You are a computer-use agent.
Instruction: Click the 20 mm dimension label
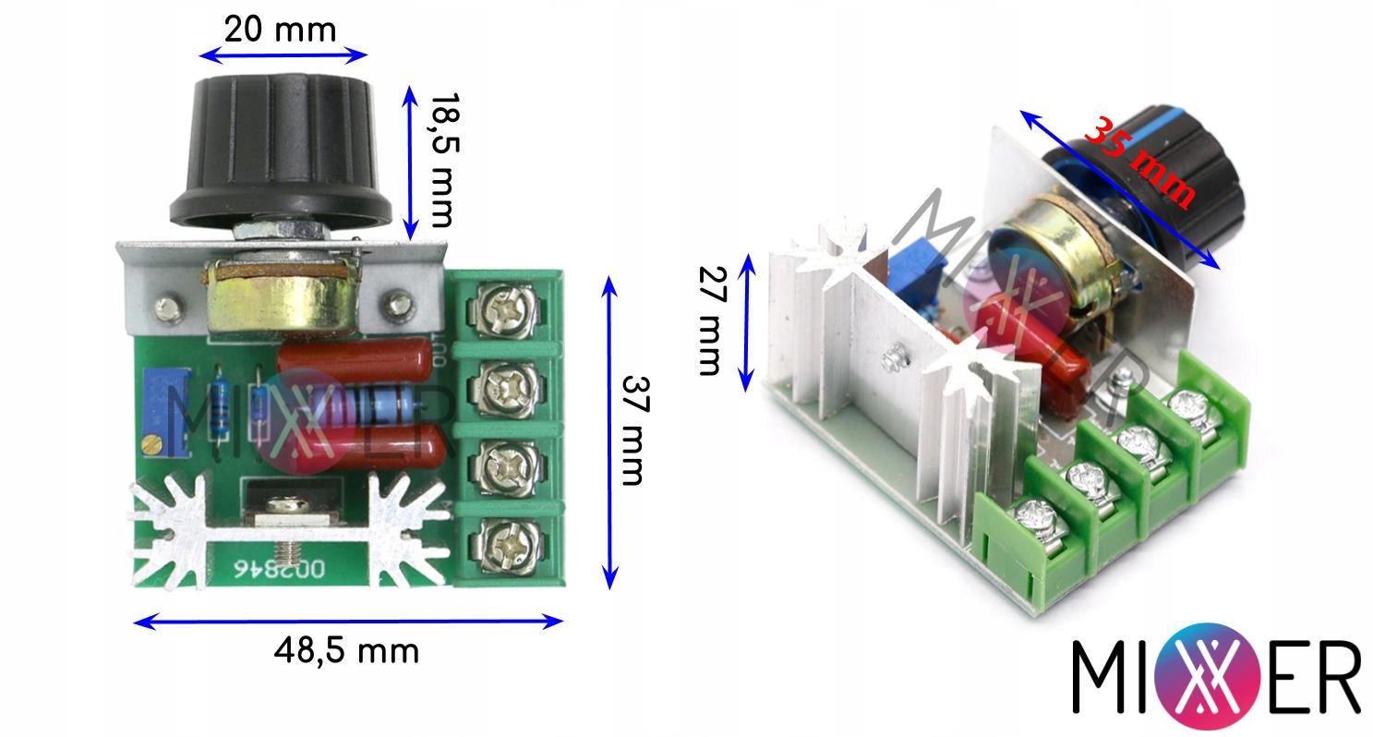point(281,30)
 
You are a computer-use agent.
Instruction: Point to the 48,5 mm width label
point(346,651)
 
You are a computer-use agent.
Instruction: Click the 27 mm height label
point(708,320)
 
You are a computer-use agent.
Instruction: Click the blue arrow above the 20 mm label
point(283,55)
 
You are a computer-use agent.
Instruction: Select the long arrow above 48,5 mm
point(348,622)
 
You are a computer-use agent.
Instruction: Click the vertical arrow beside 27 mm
point(749,320)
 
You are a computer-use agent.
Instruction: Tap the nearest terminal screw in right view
point(1039,519)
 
